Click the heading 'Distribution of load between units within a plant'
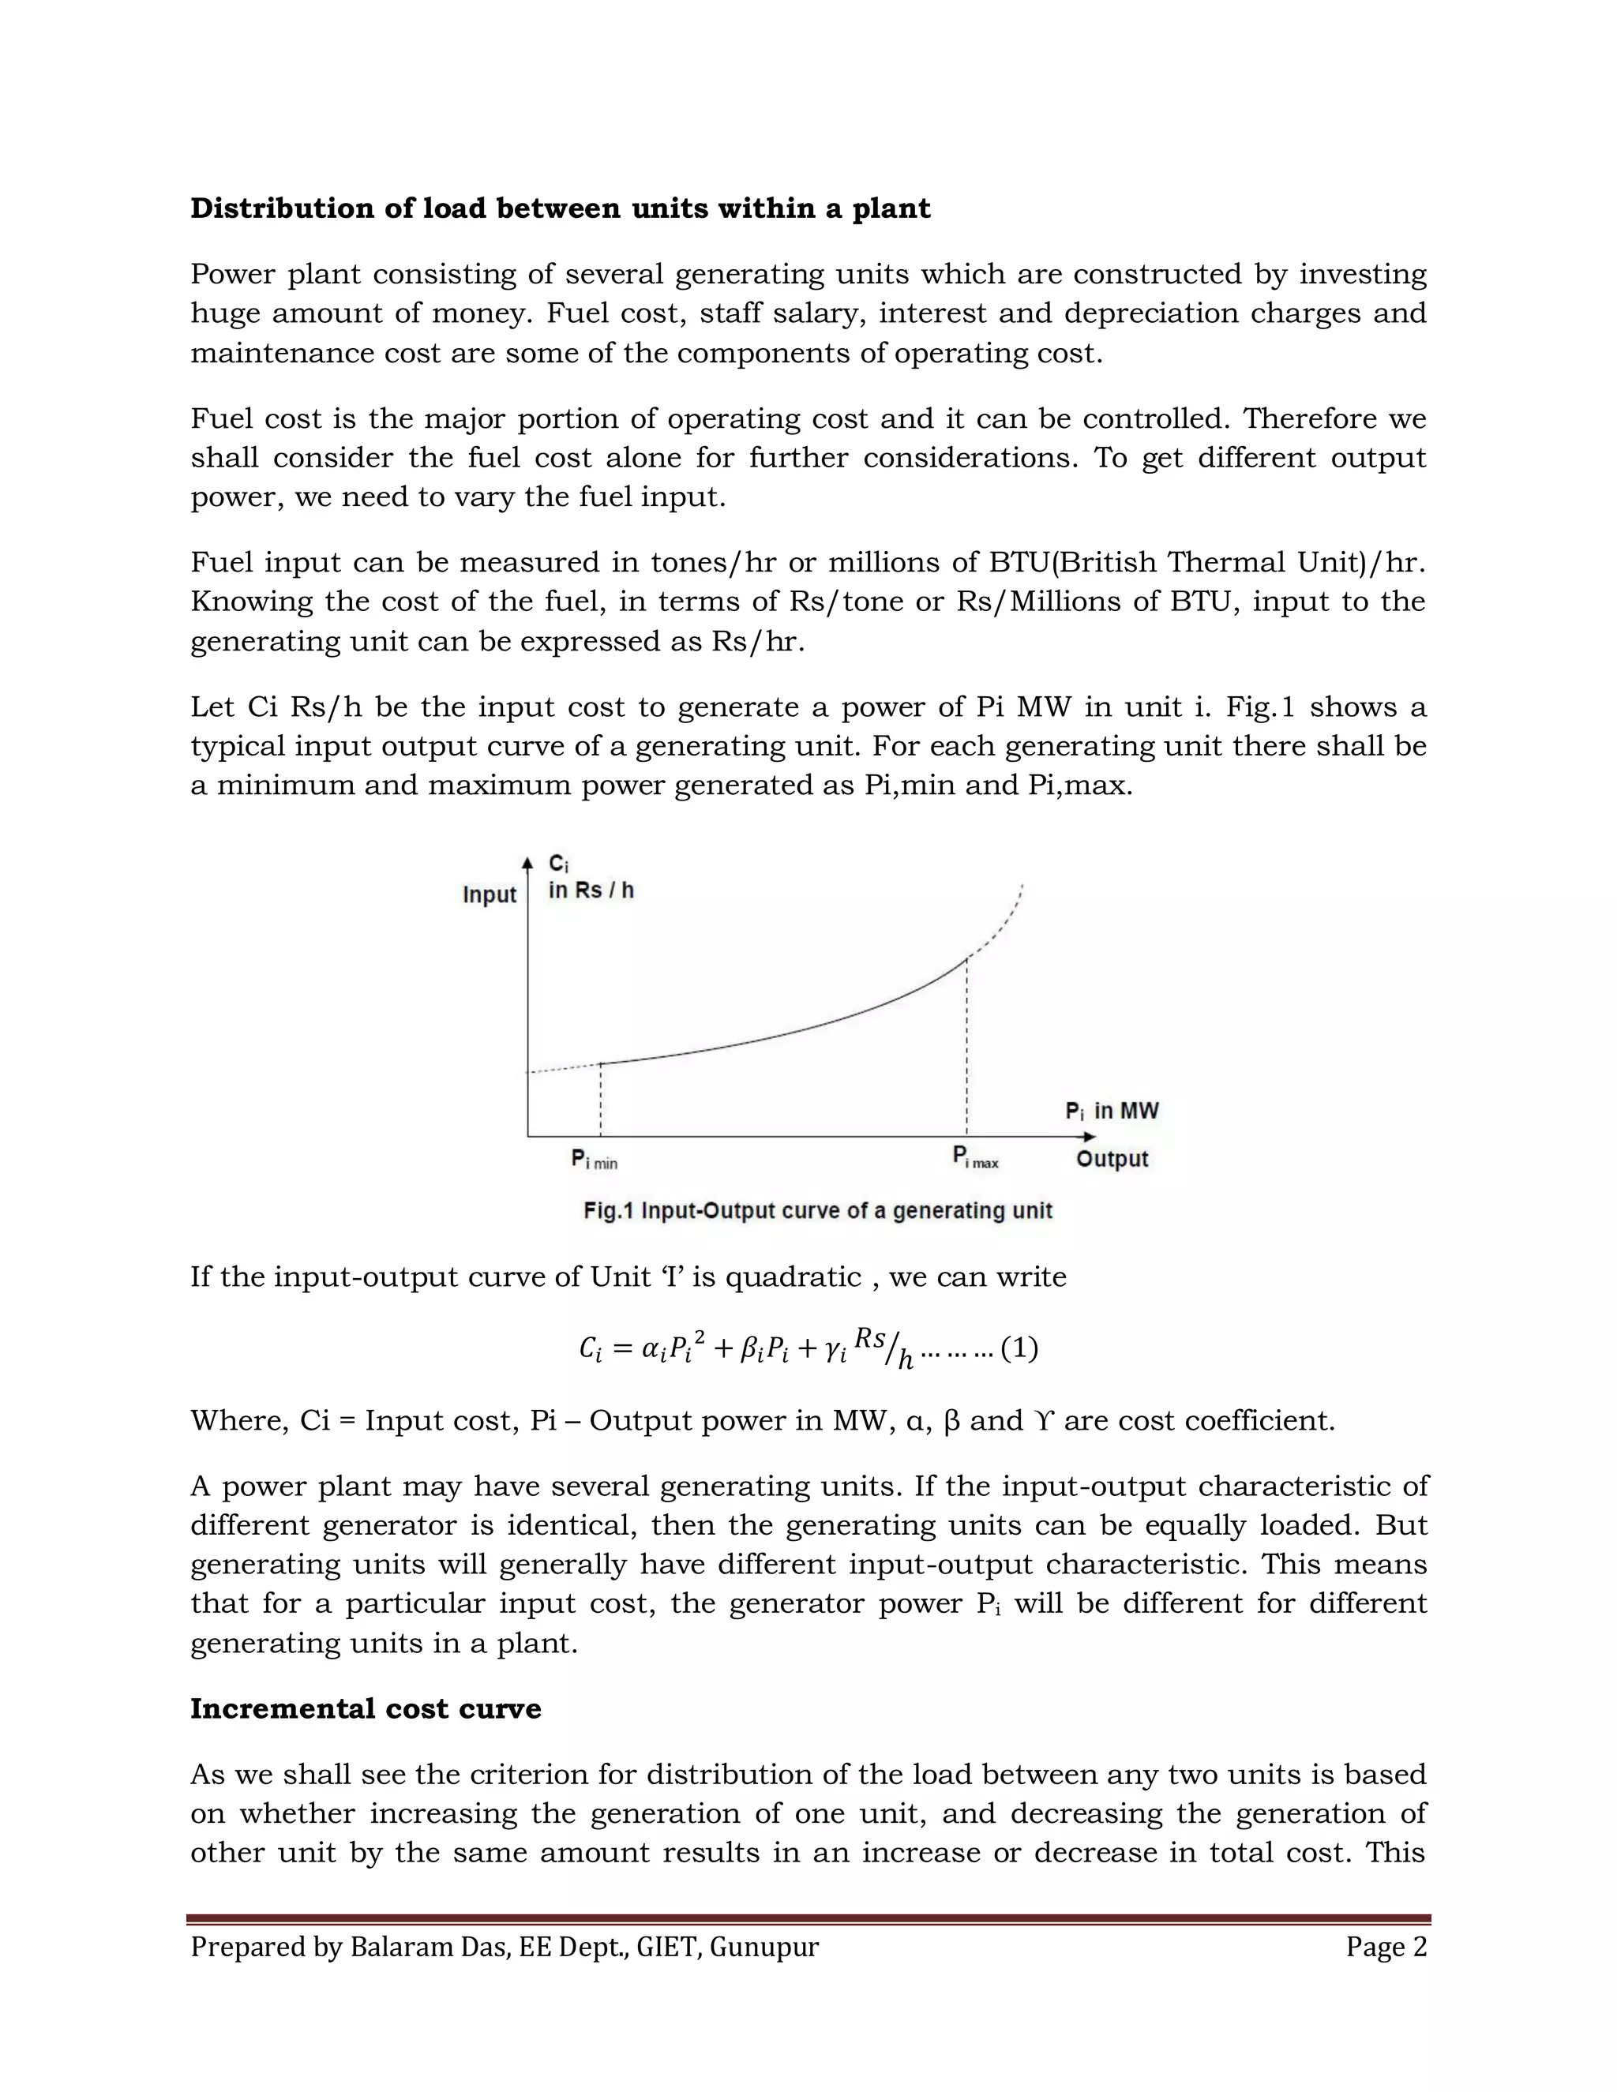[x=560, y=209]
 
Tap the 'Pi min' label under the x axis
[x=594, y=1160]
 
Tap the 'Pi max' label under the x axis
[x=975, y=1158]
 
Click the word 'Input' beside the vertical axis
[x=489, y=894]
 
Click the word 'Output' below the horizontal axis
[x=1111, y=1159]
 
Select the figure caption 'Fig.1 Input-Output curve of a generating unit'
[x=817, y=1211]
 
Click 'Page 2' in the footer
[x=1385, y=1948]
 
